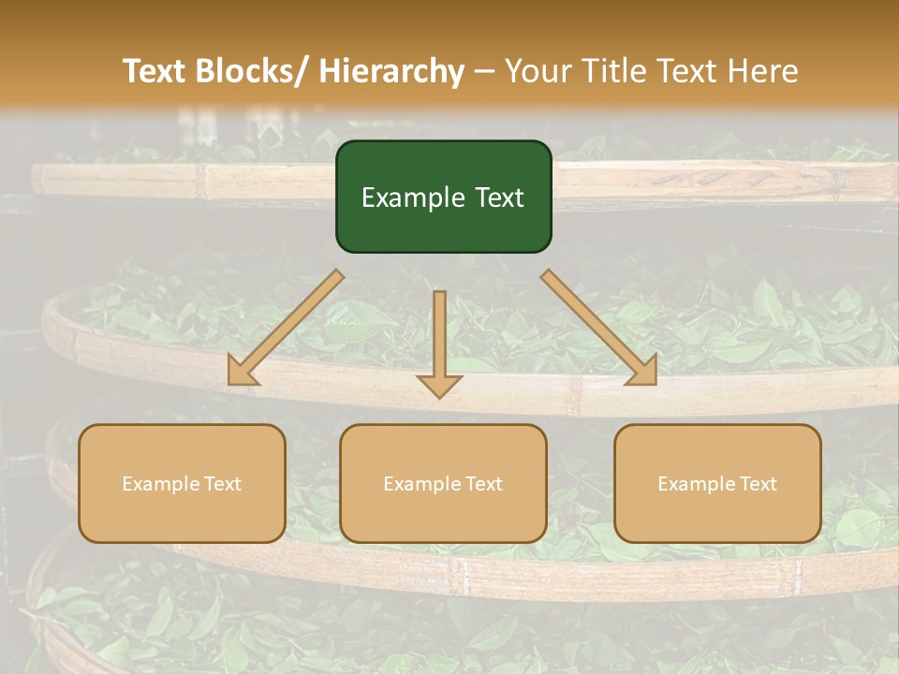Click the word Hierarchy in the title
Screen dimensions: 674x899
coord(391,72)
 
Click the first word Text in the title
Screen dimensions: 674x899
coord(155,72)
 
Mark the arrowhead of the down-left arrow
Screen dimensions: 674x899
coord(243,372)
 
